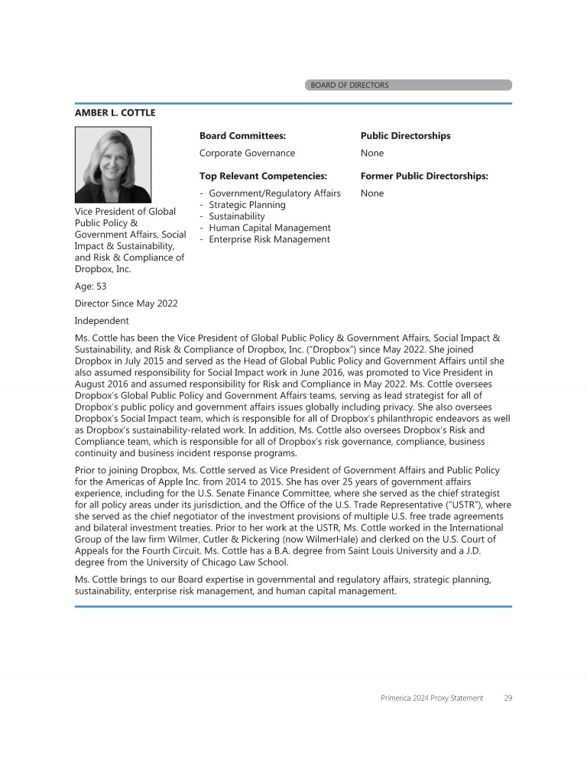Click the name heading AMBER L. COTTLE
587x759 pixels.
tap(115, 113)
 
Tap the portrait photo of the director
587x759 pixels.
tap(112, 164)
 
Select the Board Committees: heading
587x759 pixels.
tap(242, 136)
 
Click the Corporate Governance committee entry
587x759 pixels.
tap(247, 153)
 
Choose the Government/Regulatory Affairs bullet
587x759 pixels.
tap(274, 193)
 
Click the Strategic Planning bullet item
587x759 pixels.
tap(247, 205)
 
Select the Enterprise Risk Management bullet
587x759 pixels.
tap(269, 239)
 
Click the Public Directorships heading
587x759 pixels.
tap(405, 136)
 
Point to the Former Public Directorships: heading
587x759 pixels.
tap(424, 177)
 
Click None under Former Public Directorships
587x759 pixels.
tap(372, 193)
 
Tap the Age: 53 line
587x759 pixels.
tap(90, 287)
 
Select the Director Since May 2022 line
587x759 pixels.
tap(126, 303)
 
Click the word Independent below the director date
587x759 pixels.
tap(102, 320)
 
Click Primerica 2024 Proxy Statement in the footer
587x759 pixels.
tap(432, 698)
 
